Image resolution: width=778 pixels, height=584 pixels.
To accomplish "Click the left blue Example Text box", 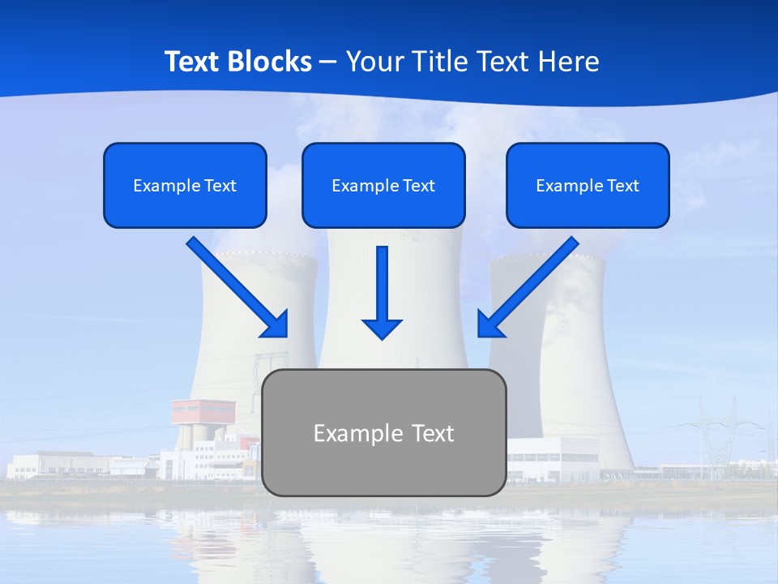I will (185, 185).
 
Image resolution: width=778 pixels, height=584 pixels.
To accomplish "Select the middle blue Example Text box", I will (383, 185).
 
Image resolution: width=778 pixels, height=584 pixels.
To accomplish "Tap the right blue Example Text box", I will (588, 185).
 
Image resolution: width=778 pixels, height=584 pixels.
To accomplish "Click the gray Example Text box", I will (383, 432).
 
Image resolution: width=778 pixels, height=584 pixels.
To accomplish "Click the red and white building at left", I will (203, 411).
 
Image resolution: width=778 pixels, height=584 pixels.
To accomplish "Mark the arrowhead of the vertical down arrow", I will (382, 328).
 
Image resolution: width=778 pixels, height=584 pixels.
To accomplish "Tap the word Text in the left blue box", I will (220, 186).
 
